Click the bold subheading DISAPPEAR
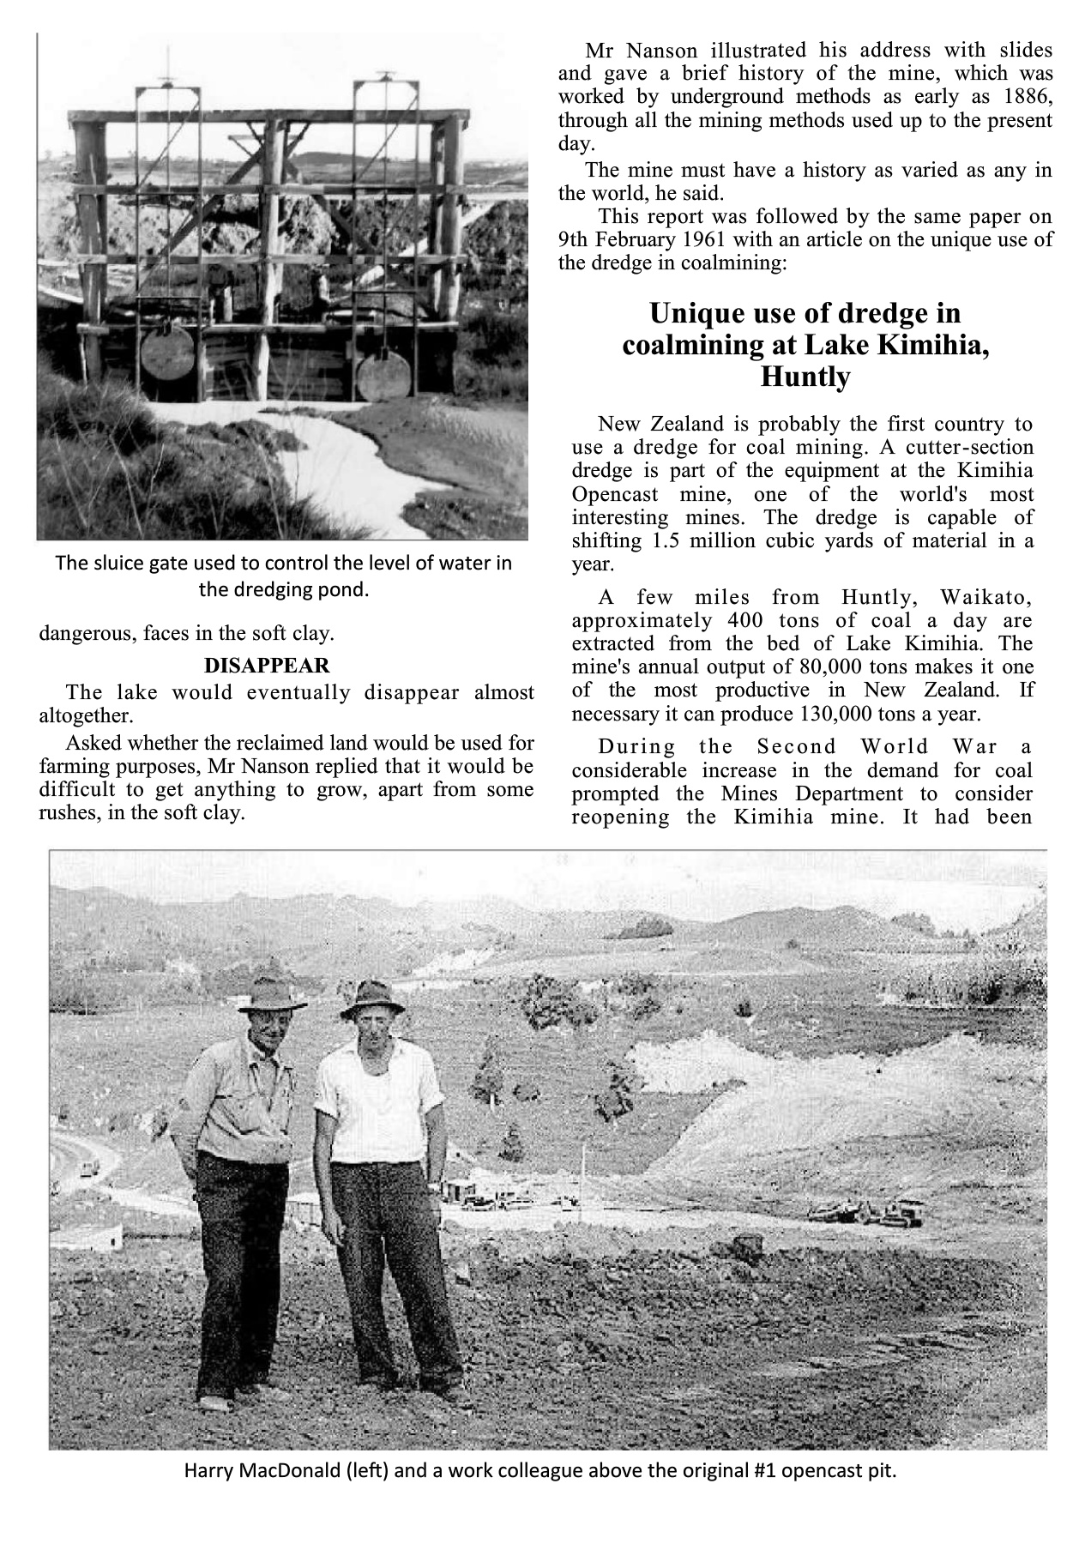(266, 666)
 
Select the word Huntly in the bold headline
(805, 377)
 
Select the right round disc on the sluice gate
(383, 374)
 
